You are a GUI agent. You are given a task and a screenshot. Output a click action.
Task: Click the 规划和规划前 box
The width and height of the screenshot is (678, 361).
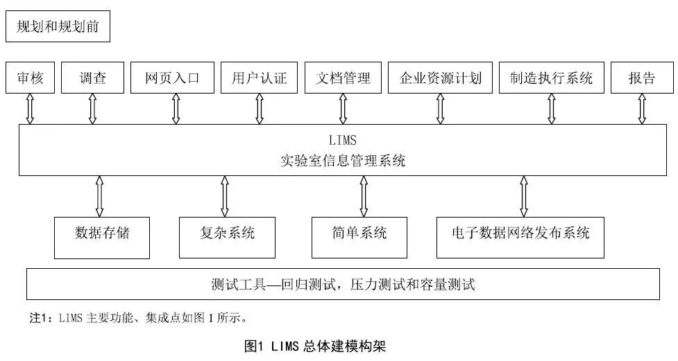[x=58, y=27]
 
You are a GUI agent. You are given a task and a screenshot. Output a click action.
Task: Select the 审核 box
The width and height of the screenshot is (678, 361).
[x=30, y=78]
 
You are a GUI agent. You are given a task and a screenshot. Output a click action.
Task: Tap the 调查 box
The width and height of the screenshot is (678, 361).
[x=92, y=78]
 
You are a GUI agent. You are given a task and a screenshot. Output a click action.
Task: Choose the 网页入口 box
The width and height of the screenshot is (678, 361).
[x=172, y=78]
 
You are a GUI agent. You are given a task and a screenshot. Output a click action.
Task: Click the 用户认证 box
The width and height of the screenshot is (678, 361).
[x=258, y=78]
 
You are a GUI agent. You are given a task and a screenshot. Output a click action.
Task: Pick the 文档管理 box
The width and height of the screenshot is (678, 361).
[x=343, y=78]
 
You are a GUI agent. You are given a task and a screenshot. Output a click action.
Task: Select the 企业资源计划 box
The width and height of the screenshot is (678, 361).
[x=440, y=78]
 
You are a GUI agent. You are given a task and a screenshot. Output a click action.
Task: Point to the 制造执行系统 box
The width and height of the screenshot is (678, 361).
[x=552, y=78]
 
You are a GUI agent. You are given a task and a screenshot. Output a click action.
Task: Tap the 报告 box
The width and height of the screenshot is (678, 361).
[x=642, y=78]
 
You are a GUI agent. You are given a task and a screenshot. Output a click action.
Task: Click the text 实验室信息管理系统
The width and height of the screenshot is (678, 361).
[x=343, y=161]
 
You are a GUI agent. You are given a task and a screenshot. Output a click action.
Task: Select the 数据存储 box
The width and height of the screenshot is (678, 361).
[x=102, y=233]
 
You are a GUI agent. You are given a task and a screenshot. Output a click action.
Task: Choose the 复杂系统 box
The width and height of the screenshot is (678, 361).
[x=227, y=233]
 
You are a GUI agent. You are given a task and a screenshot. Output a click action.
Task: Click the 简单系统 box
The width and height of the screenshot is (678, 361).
[x=359, y=233]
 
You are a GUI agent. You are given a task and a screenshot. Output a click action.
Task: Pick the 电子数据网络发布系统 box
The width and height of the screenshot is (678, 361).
[x=520, y=233]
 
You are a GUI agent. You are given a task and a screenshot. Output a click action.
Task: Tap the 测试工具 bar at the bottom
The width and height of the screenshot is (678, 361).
[x=343, y=284]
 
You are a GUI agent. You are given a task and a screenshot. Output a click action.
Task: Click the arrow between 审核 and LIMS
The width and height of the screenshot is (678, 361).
[x=30, y=109]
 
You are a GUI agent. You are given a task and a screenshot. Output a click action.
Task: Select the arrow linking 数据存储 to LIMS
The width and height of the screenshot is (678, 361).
[x=99, y=196]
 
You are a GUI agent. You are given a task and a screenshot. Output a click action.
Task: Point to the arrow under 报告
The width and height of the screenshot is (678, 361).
[x=642, y=109]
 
